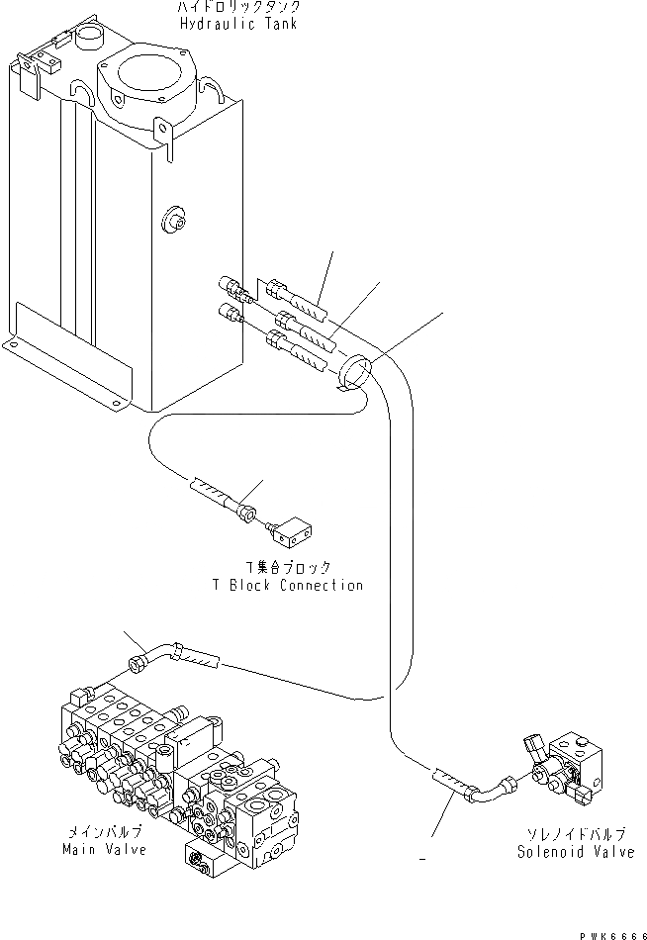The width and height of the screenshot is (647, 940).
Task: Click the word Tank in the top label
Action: (281, 23)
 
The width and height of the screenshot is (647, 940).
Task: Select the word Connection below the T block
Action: (322, 585)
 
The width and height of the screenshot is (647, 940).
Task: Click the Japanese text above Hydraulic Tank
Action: (237, 7)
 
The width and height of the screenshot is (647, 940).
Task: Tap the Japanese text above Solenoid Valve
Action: (575, 835)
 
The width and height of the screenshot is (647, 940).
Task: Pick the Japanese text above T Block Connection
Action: (289, 568)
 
